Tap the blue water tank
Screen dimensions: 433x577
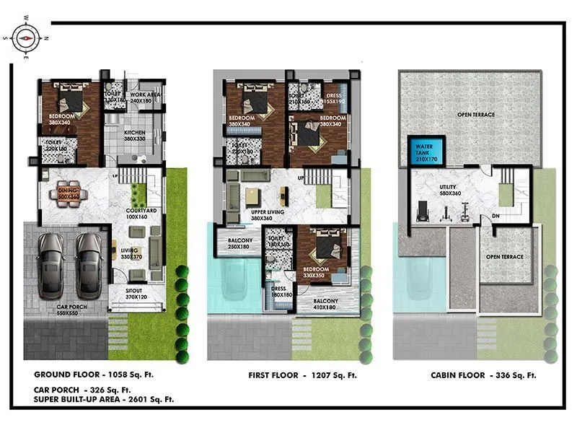(x=426, y=151)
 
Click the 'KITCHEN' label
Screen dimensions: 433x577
(x=136, y=134)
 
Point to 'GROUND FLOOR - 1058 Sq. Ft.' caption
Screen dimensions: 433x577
(x=94, y=375)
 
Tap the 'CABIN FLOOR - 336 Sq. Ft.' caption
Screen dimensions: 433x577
(x=483, y=375)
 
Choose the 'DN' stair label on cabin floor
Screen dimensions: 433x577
(x=496, y=214)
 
